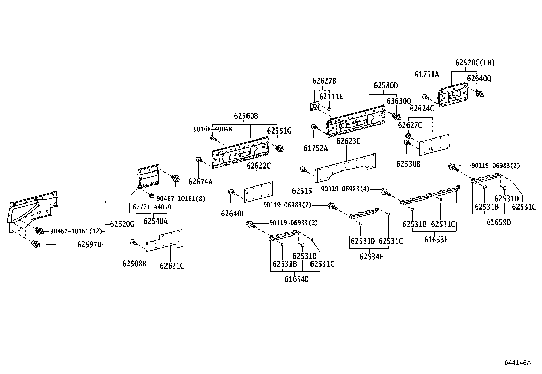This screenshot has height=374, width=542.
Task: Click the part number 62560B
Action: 246,116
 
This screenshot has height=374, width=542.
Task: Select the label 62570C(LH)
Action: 475,63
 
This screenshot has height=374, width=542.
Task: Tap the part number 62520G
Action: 123,224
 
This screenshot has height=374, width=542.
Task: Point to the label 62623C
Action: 348,141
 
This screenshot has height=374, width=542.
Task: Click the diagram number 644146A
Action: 517,362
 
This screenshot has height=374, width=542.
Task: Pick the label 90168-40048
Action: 212,129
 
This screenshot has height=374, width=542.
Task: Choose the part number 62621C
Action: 172,266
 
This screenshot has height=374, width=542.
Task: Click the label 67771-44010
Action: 152,207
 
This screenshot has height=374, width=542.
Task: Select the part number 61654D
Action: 297,279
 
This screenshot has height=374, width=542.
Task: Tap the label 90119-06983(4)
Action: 345,189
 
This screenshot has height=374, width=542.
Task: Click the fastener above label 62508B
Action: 133,242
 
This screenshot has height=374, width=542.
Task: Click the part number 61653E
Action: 436,239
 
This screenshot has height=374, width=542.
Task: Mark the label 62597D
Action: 89,245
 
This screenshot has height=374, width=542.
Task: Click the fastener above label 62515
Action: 302,169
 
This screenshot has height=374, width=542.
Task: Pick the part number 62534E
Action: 371,256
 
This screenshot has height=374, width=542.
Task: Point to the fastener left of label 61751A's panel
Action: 426,96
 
